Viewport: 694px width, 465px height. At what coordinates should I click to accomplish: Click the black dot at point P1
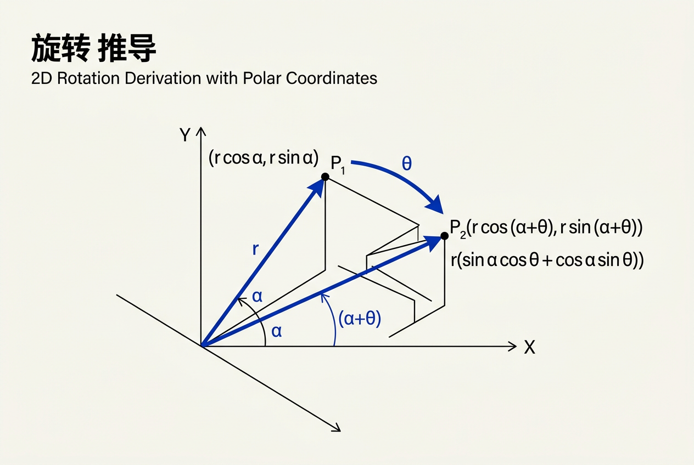(x=325, y=177)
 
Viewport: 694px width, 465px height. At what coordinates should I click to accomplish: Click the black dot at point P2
(x=444, y=236)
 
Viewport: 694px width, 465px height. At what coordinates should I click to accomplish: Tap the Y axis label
(x=185, y=135)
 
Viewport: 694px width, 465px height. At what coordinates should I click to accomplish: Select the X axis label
(x=529, y=347)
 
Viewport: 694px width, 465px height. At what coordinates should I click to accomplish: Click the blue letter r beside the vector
(x=255, y=249)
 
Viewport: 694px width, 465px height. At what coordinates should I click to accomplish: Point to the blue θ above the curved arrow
(x=407, y=163)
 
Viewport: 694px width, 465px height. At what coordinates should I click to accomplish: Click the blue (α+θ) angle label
(x=360, y=319)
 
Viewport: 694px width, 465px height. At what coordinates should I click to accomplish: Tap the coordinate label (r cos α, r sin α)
(x=264, y=158)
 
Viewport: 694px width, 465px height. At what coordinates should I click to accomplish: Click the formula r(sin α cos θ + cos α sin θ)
(x=547, y=260)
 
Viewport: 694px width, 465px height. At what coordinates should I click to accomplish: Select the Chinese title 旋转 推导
(x=93, y=48)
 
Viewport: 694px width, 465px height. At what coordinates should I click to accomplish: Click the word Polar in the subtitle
(x=262, y=78)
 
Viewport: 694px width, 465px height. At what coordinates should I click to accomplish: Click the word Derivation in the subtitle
(x=163, y=78)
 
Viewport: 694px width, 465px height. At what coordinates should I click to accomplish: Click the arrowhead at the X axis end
(x=512, y=346)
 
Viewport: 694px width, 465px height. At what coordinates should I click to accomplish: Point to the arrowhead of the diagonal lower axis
(x=337, y=428)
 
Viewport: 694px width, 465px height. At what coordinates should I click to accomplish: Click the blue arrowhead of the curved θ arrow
(x=435, y=205)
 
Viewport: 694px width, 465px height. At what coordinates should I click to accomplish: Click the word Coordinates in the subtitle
(x=332, y=78)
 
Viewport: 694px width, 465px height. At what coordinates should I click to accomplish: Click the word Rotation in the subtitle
(x=88, y=78)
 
